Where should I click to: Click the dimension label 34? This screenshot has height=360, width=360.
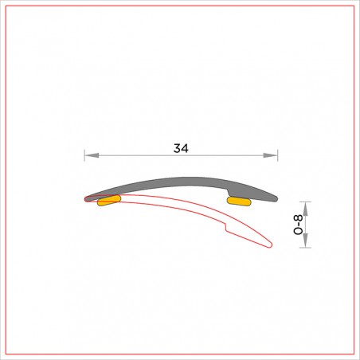(x=181, y=148)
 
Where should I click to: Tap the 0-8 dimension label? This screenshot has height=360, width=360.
(x=298, y=225)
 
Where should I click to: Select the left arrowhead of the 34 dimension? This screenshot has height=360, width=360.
(x=92, y=155)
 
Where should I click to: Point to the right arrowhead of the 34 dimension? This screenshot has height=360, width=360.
(x=270, y=155)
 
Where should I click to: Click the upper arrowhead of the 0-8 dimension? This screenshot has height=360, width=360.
(x=305, y=209)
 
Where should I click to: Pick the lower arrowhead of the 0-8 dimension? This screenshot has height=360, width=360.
(x=305, y=241)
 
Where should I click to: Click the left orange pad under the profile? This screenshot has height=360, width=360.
(x=109, y=201)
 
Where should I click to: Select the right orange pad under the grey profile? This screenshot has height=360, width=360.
(x=239, y=202)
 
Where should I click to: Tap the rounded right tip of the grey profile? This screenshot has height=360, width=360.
(x=276, y=198)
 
